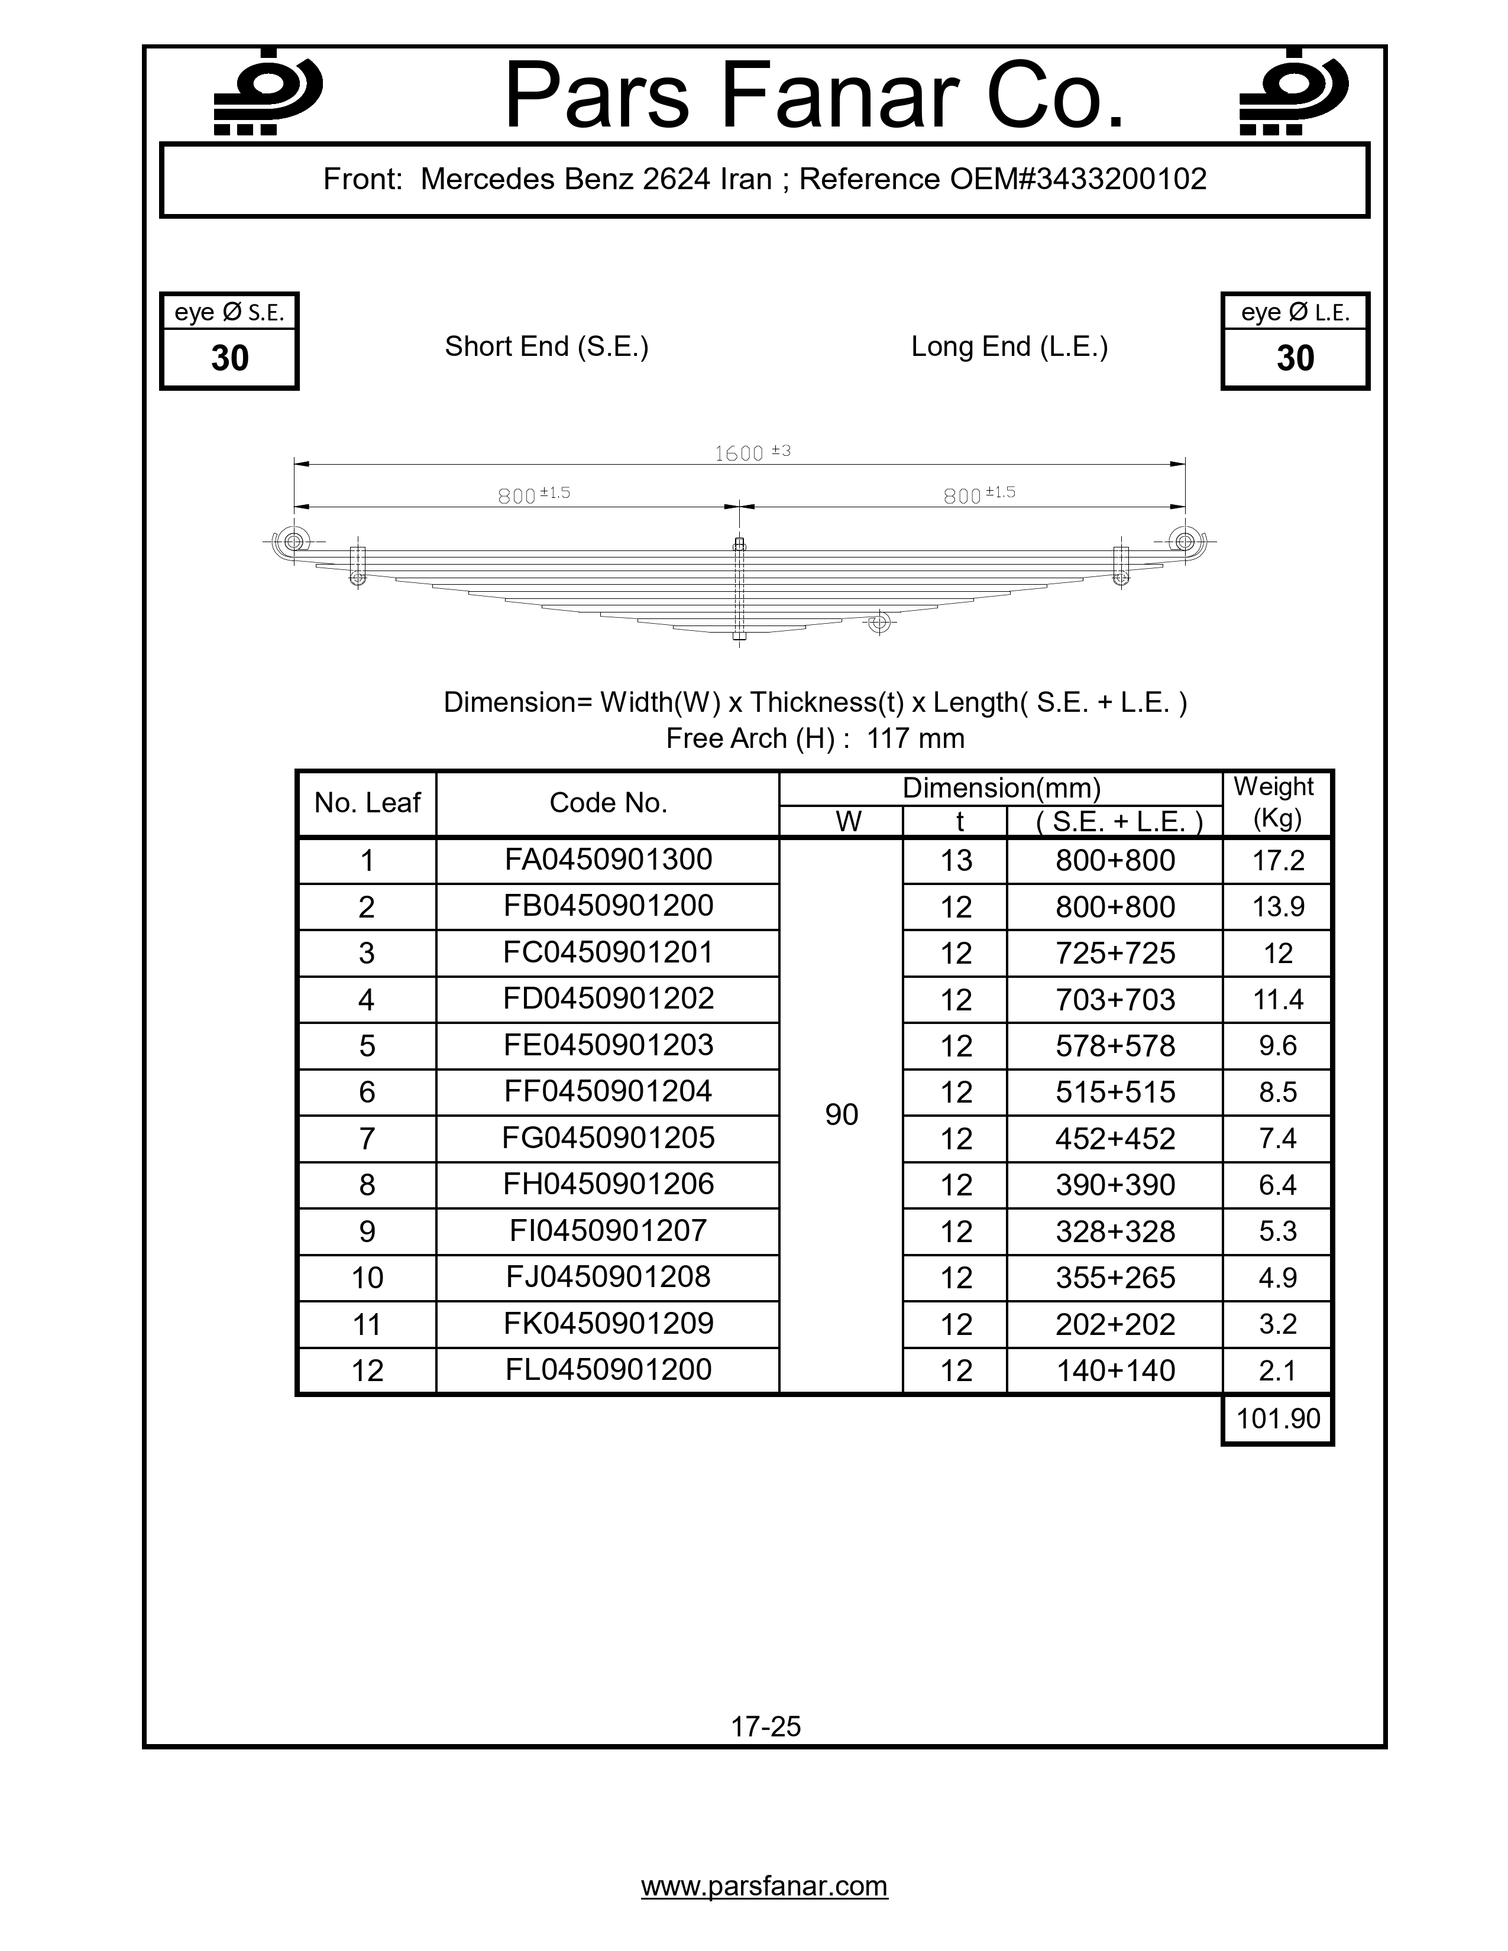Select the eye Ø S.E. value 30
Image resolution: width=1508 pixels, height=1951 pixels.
(x=229, y=358)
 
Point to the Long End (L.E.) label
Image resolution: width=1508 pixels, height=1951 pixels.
(x=1009, y=346)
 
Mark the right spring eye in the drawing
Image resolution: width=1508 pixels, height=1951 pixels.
(x=1186, y=540)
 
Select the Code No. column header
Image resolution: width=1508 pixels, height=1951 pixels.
(x=609, y=803)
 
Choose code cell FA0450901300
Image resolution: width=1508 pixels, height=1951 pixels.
(x=609, y=860)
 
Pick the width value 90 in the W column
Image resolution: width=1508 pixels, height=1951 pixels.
(x=842, y=1114)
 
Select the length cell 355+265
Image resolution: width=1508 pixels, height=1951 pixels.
(x=1115, y=1278)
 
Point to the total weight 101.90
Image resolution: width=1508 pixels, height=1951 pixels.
(x=1277, y=1418)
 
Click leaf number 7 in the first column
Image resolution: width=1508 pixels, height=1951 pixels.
(x=366, y=1139)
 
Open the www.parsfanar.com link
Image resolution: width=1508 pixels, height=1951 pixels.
(x=765, y=1886)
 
